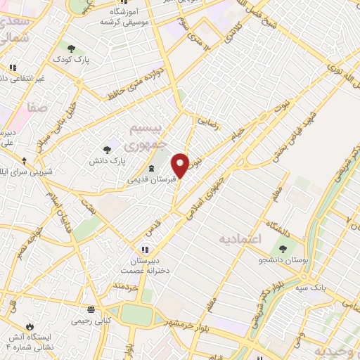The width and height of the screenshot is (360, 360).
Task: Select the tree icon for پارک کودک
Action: (72, 49)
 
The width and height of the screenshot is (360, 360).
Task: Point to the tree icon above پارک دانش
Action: (107, 149)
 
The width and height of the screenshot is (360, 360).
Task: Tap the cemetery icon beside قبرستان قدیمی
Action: (153, 168)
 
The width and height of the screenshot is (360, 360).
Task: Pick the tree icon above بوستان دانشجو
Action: (283, 248)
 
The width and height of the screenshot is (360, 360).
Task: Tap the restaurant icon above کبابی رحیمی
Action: (90, 309)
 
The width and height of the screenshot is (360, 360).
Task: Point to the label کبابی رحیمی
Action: (89, 321)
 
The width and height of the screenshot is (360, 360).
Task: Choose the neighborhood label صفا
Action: (37, 107)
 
